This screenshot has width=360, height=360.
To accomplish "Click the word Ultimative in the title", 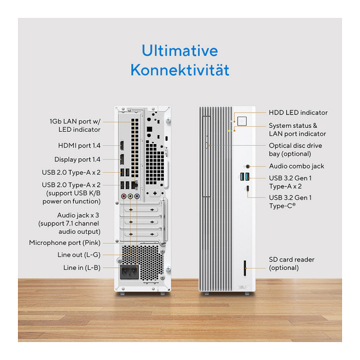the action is [x=180, y=50].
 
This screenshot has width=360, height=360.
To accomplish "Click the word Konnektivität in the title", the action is [x=180, y=70].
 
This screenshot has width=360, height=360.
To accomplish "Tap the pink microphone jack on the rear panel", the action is [x=124, y=196].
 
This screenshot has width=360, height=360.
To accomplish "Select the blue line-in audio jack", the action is [x=137, y=196].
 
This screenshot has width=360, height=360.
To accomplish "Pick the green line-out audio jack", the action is [x=130, y=196].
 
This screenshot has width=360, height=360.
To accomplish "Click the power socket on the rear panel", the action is [x=129, y=272].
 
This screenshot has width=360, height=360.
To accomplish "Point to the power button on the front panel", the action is [x=242, y=121].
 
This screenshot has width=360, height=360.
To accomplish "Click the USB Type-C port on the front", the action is [x=247, y=189].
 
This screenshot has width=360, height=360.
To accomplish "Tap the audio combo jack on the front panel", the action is [x=247, y=166].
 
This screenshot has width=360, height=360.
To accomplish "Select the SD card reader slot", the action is [x=245, y=268].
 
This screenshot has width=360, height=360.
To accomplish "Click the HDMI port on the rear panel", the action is [x=122, y=145].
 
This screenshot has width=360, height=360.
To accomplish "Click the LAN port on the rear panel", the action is [x=134, y=185].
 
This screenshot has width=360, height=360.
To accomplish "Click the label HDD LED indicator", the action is [x=298, y=112].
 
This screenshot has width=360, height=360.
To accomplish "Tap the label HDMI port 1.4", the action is [x=79, y=145].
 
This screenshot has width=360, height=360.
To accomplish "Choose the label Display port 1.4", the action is [x=77, y=159].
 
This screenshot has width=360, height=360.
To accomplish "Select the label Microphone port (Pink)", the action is [x=65, y=243].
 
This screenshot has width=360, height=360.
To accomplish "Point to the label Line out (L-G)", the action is [x=79, y=255].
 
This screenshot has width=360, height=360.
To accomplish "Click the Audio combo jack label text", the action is [x=297, y=166].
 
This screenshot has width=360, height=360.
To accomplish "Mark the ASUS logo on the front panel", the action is [x=243, y=287].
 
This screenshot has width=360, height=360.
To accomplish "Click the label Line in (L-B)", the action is [x=82, y=268].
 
